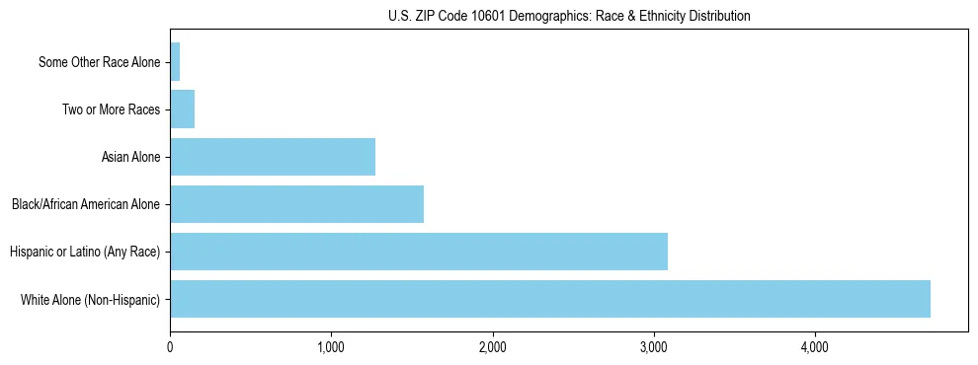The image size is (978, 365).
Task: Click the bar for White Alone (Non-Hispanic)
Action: (549, 299)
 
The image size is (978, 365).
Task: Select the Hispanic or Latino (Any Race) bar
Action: (418, 252)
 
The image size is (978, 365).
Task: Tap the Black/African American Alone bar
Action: (296, 204)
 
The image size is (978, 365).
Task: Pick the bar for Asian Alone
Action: (272, 157)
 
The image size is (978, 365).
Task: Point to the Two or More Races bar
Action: (182, 109)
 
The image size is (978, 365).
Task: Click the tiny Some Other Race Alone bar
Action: (175, 62)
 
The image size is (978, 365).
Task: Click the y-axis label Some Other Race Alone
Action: (99, 62)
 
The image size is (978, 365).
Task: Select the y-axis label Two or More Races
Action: (111, 109)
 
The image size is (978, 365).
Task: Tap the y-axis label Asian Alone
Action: (130, 157)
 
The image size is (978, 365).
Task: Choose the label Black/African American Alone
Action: (86, 204)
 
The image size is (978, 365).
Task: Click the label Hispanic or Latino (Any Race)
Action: (85, 252)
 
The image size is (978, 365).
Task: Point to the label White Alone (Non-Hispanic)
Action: (90, 299)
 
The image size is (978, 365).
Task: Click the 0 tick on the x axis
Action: (170, 347)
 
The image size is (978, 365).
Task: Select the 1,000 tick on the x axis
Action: (331, 347)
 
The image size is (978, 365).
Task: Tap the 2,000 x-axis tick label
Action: (492, 347)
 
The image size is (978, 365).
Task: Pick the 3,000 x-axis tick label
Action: (653, 347)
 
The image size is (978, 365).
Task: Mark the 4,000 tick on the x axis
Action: (814, 347)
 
